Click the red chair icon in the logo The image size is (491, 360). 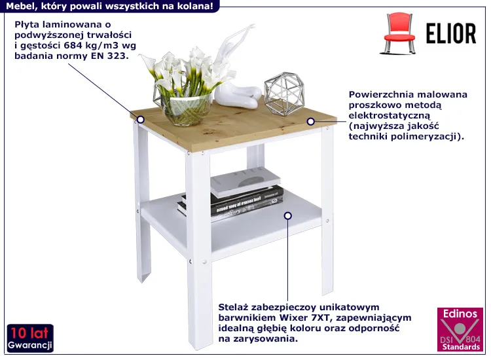pyautogui.click(x=397, y=33)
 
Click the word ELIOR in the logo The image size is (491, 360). pyautogui.click(x=451, y=33)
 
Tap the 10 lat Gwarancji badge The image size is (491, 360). pyautogui.click(x=30, y=338)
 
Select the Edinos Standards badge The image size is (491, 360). pyautogui.click(x=460, y=329)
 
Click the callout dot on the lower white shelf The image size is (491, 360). pyautogui.click(x=288, y=216)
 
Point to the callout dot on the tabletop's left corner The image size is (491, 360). pyautogui.click(x=141, y=120)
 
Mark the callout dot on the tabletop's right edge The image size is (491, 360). pyautogui.click(x=310, y=122)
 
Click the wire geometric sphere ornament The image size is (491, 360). pyautogui.click(x=284, y=94)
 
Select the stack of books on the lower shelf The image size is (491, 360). pyautogui.click(x=232, y=194)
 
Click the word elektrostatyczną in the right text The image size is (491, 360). pyautogui.click(x=390, y=115)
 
